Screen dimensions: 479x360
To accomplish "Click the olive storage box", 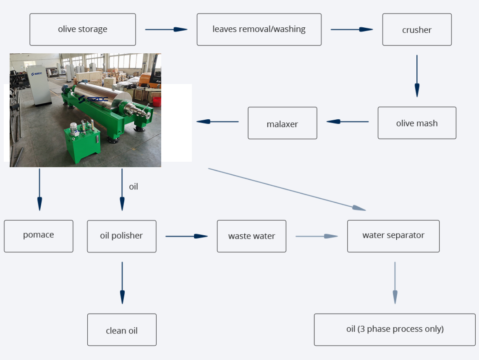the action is tap(83, 30).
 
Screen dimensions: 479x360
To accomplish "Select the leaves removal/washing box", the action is tap(259, 30).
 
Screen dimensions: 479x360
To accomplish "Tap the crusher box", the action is tap(417, 30).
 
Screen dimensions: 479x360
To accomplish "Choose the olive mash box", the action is tap(417, 123).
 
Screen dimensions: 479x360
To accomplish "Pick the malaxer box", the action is tap(283, 123).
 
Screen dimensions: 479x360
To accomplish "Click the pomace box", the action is tap(39, 236).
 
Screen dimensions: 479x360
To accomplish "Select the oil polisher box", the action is tap(122, 236).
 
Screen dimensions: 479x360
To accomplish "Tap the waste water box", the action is tap(252, 236).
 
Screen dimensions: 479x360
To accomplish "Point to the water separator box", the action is tap(393, 236).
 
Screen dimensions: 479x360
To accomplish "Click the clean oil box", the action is tap(122, 330).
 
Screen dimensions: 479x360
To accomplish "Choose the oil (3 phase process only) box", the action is tap(395, 330).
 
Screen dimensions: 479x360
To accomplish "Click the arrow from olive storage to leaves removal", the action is tap(166, 29).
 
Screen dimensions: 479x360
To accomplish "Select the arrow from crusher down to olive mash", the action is tap(417, 76).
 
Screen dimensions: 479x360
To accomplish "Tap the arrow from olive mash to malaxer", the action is tap(348, 122).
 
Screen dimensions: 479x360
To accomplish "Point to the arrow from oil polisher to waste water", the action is tap(187, 236).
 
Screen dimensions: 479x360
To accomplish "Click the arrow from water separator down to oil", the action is tap(395, 283).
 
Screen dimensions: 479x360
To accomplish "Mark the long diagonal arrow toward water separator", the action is tap(287, 189).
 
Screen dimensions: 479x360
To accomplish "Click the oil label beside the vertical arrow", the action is tap(133, 187).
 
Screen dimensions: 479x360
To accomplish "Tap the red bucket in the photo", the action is tap(157, 102).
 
